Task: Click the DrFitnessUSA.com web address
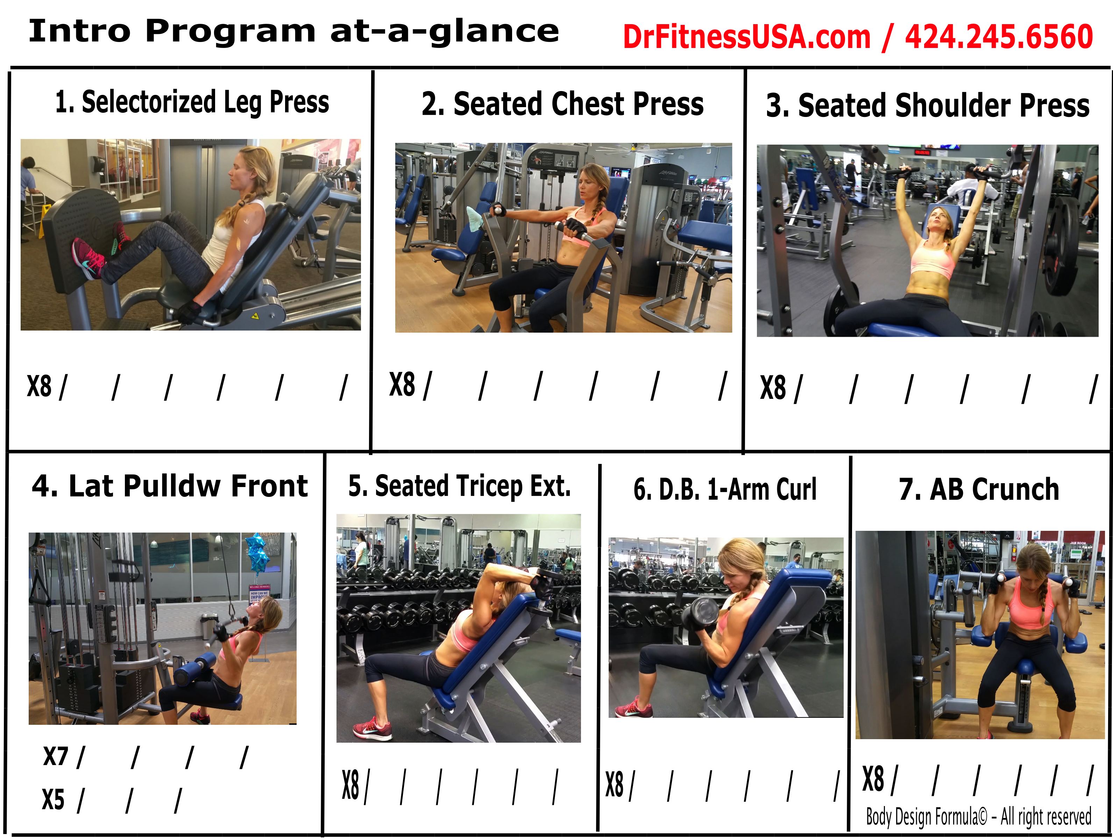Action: point(747,37)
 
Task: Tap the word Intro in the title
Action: point(79,31)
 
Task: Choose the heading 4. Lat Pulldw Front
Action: point(170,486)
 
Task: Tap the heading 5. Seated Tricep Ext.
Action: point(459,486)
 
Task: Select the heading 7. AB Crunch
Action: point(979,489)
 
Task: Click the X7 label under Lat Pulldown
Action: point(55,756)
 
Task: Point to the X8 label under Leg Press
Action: point(39,387)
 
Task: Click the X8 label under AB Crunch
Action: point(873,779)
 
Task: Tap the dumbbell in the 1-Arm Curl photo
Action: point(700,615)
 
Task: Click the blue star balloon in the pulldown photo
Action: point(258,553)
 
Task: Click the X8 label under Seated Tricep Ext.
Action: point(351,785)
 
